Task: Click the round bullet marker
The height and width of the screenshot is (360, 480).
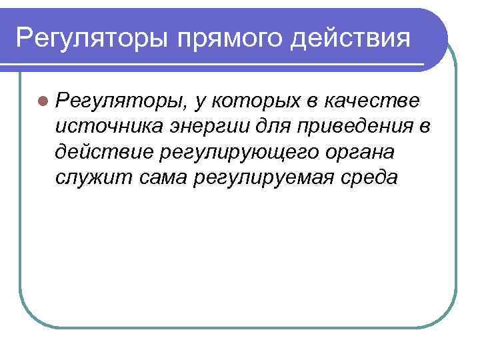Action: coord(43,101)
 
